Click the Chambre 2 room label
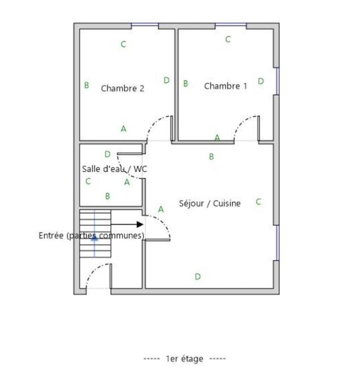[x=122, y=89]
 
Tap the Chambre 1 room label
[x=225, y=86]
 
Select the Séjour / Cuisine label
[x=210, y=203]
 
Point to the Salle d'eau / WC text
[x=115, y=169]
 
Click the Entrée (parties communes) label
[x=92, y=236]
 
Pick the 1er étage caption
[x=185, y=359]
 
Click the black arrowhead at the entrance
[x=140, y=224]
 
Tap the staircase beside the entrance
[x=95, y=234]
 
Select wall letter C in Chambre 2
[x=123, y=45]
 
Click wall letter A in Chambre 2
[x=123, y=129]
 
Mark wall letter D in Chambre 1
[x=261, y=81]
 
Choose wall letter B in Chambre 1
[x=186, y=84]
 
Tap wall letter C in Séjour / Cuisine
[x=258, y=201]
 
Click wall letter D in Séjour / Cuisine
[x=197, y=277]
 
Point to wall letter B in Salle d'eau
[x=108, y=196]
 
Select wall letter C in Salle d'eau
[x=88, y=181]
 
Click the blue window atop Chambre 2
[x=144, y=24]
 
